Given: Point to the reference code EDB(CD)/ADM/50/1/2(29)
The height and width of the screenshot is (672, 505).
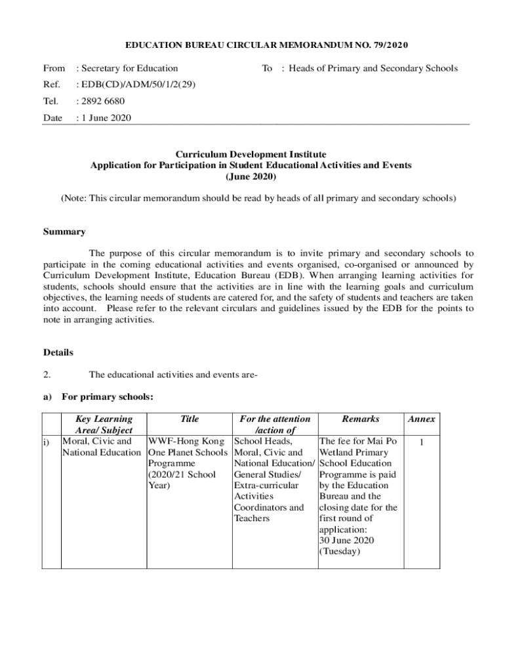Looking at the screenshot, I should (x=137, y=85).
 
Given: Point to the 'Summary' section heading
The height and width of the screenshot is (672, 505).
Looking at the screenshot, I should (x=64, y=232).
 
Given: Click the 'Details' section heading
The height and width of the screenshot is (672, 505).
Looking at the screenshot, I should (x=58, y=352).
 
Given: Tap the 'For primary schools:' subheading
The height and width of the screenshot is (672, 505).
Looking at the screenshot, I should (x=108, y=397).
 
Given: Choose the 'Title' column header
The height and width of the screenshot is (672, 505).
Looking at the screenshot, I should (x=189, y=419).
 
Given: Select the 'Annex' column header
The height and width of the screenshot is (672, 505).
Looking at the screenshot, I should (x=421, y=419).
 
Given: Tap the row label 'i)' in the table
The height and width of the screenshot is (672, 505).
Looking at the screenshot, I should (x=48, y=442).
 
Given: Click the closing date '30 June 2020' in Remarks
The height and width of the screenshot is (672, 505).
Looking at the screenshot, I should (x=346, y=540).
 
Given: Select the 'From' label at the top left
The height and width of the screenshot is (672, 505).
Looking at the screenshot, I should (x=54, y=68).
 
